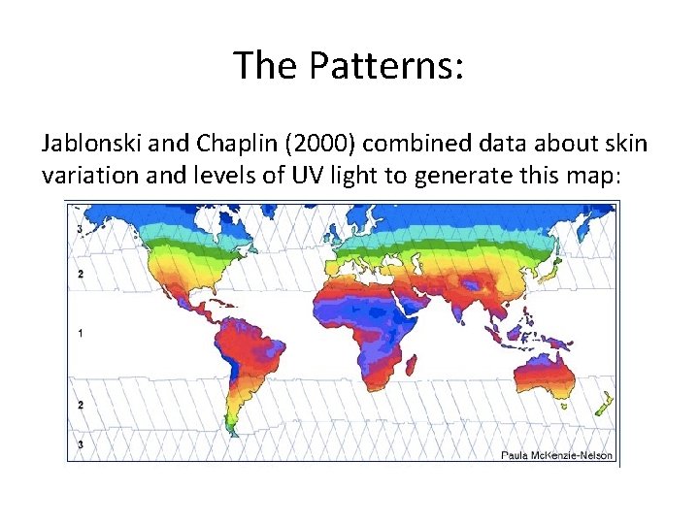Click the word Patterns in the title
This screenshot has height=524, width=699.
point(388,66)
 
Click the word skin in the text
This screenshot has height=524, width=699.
point(626,145)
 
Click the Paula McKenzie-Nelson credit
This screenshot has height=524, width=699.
point(557,454)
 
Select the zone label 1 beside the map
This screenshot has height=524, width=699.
point(81,333)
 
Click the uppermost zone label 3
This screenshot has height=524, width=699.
point(81,229)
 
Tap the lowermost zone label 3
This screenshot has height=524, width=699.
point(81,443)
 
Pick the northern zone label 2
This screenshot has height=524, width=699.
point(81,274)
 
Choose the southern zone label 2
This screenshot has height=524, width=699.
point(81,404)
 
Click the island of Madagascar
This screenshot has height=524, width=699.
point(414,365)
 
